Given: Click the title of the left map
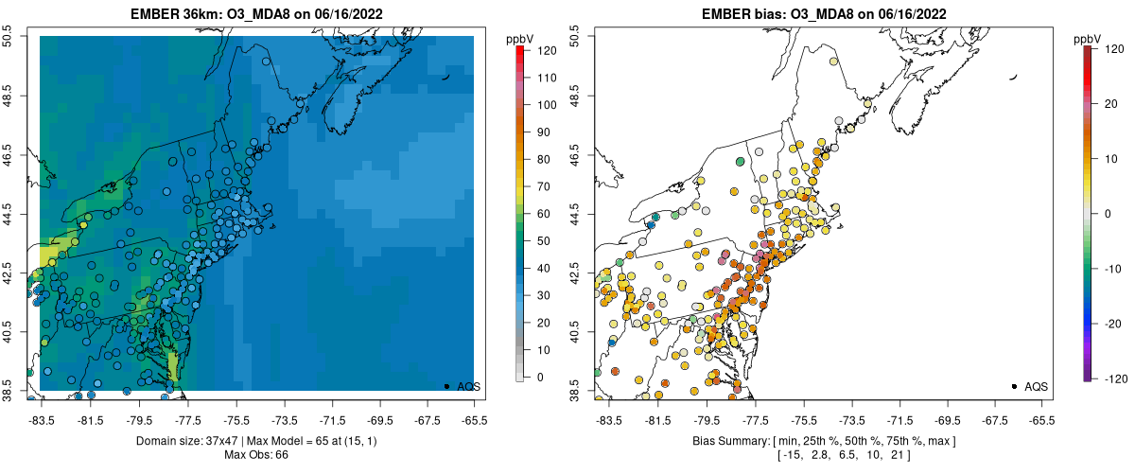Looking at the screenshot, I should coord(257,14).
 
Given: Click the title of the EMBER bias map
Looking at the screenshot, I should coord(825,14).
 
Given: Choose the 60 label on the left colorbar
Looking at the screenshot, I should coord(542,214).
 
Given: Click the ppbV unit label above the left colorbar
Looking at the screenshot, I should coord(519,37).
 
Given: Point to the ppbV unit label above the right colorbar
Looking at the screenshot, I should coord(1087,37).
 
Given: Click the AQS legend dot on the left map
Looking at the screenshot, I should coord(446,386).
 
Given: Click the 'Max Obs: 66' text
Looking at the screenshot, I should coord(257,455).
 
